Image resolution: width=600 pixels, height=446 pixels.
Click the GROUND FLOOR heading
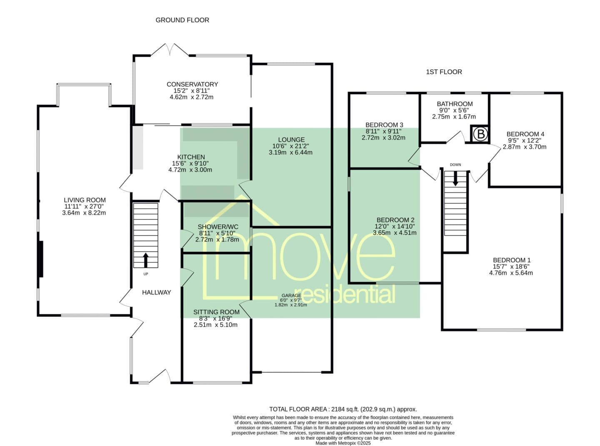tap(182, 20)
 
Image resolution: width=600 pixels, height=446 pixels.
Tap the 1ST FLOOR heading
tap(444, 72)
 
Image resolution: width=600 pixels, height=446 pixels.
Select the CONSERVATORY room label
tap(192, 84)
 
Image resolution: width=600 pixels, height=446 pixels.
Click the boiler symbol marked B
tap(481, 134)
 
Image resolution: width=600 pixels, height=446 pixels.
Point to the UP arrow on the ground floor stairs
tap(146, 260)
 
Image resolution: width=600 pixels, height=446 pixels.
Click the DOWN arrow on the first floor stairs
tap(455, 179)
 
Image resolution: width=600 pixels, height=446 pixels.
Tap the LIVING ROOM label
tap(85, 200)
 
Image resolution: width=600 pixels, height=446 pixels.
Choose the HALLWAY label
tap(156, 292)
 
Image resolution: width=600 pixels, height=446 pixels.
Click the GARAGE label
tap(291, 296)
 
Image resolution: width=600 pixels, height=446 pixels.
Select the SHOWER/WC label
tap(218, 227)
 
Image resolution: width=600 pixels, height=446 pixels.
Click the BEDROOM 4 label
tap(525, 134)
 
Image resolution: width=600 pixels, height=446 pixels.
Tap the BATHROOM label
tap(455, 104)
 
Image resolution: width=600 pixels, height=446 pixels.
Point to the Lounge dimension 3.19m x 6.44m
tap(290, 152)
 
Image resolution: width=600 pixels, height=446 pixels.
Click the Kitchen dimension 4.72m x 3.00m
tap(190, 170)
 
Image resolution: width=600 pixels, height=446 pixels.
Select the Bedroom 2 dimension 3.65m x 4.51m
tap(395, 233)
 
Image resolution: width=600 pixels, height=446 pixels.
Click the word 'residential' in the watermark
tap(348, 294)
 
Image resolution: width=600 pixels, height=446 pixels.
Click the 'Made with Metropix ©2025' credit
tap(343, 444)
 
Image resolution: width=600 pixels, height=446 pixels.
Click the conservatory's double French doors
tap(170, 50)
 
